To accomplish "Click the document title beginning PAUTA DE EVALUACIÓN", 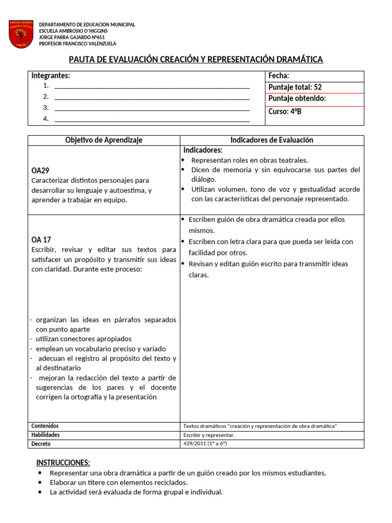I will [196, 60].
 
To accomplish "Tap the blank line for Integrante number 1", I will [152, 86].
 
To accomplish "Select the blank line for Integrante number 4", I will [152, 120].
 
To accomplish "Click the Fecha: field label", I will [279, 76].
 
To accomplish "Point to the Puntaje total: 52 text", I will [295, 87].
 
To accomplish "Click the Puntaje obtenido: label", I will [297, 99].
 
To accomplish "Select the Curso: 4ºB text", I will [285, 111].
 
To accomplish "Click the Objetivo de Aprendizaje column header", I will [104, 140].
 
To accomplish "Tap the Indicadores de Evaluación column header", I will [272, 140].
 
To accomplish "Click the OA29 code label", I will [40, 171].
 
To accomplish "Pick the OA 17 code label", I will [41, 240].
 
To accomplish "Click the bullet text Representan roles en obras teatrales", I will [250, 160].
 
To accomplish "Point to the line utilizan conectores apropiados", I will [83, 339].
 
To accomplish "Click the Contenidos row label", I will [45, 426].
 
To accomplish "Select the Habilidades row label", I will [45, 435].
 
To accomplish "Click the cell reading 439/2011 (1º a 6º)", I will [205, 444].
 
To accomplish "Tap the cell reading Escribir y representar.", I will [209, 435].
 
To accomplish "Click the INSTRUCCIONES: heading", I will [63, 463].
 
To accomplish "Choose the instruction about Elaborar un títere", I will [118, 483].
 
